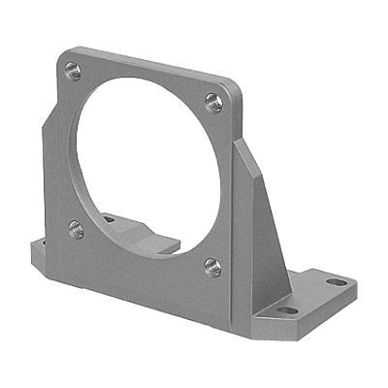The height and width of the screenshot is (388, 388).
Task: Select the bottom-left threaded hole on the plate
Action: point(77,229)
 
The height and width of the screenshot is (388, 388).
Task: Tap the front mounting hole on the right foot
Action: point(288,310)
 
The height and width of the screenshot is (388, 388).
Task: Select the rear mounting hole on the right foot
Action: point(336,282)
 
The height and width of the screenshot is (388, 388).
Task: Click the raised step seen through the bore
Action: point(155,233)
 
